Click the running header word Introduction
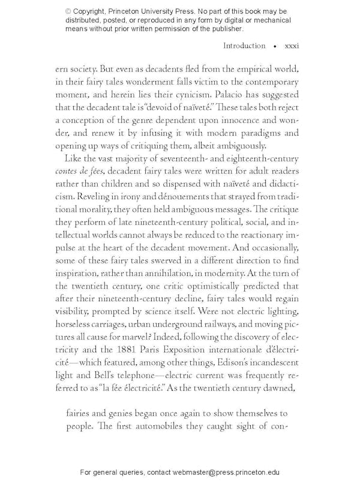tap(244, 46)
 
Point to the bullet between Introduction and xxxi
tap(274, 46)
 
